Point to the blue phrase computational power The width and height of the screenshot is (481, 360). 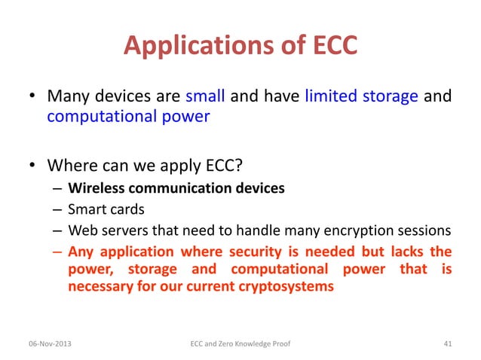point(127,117)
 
